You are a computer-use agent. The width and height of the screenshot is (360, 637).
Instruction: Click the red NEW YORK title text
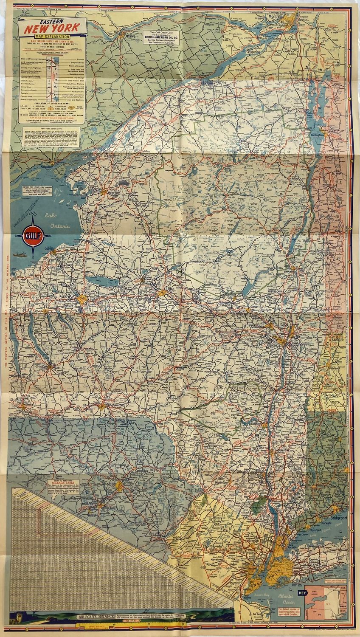[x=52, y=29]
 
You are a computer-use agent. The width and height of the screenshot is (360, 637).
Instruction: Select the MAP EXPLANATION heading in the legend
[x=52, y=37]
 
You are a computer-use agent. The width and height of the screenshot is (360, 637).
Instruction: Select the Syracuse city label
[x=68, y=296]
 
